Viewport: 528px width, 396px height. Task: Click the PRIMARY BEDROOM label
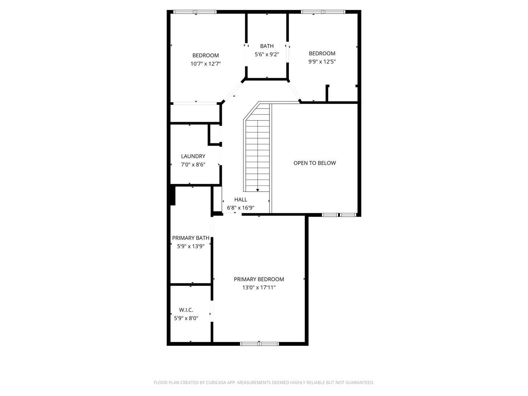(x=259, y=279)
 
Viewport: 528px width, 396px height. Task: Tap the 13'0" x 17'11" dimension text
(x=259, y=287)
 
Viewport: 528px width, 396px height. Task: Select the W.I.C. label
(x=186, y=310)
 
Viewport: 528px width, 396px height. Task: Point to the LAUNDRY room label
(x=193, y=156)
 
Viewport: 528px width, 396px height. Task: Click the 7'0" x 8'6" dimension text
(x=193, y=165)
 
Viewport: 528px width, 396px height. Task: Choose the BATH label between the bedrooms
(x=267, y=46)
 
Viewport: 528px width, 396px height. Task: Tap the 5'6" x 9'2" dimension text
(x=267, y=54)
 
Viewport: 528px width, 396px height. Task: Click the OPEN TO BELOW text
(x=315, y=163)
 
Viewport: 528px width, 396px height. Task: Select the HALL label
(x=241, y=199)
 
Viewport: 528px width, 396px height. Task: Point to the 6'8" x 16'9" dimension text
(x=241, y=208)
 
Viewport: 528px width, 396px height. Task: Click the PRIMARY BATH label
(x=191, y=238)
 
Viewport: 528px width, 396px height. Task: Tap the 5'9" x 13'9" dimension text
(x=191, y=246)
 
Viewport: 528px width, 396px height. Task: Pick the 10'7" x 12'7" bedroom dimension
(x=206, y=64)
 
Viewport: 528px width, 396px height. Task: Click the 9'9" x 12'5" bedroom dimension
(x=322, y=62)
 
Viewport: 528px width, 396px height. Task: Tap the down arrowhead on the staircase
(x=258, y=190)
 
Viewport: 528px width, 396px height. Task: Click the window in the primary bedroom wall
(x=259, y=344)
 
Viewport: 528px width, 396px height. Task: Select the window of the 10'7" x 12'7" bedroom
(x=195, y=12)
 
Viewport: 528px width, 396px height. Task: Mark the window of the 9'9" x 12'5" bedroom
(x=323, y=12)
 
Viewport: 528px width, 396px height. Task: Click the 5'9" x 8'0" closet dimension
(x=186, y=318)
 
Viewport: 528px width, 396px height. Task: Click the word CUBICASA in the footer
(x=216, y=382)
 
